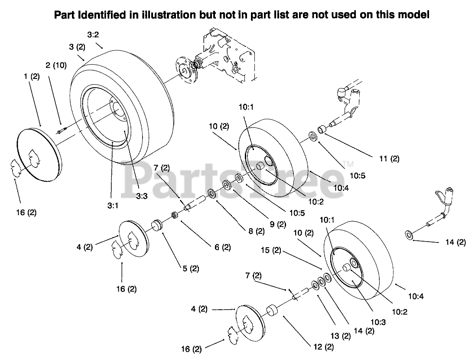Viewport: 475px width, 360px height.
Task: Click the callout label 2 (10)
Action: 56,65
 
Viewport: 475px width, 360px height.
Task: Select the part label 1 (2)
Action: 32,76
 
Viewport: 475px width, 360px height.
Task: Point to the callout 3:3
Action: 141,196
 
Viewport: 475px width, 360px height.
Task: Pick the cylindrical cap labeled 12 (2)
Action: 272,311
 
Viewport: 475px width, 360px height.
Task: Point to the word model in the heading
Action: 414,15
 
